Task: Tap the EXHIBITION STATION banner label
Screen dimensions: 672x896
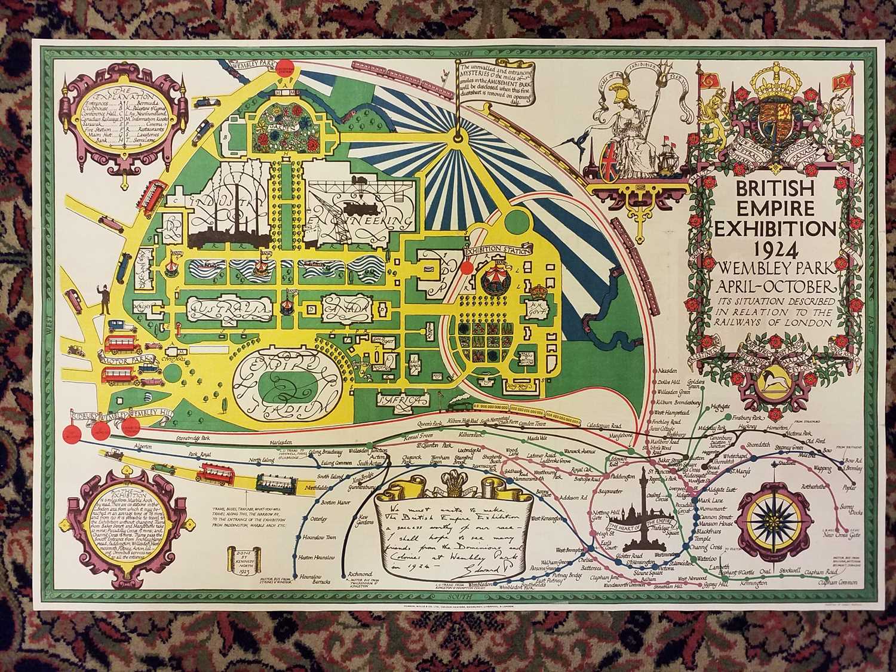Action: (486, 251)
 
